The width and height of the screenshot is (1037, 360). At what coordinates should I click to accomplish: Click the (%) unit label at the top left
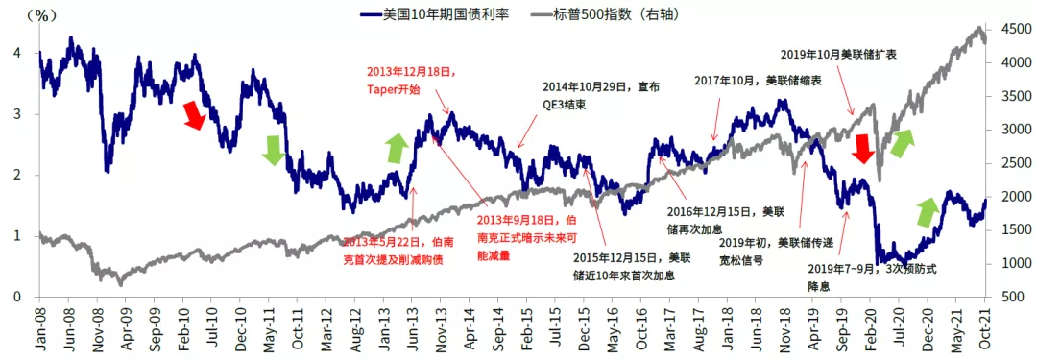[x=42, y=15]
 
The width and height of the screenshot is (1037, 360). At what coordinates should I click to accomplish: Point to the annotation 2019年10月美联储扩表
[x=838, y=56]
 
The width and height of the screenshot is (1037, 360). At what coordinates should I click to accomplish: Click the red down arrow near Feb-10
[x=195, y=114]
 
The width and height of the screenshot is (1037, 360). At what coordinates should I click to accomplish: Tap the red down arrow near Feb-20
[x=861, y=148]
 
